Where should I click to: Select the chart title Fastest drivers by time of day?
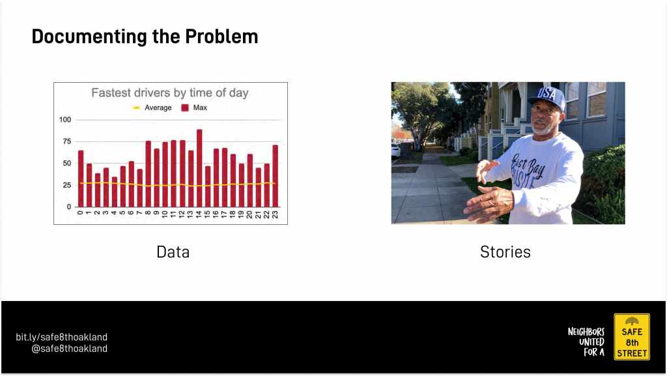point(170,93)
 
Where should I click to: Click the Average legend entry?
point(152,108)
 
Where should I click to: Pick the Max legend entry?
point(194,108)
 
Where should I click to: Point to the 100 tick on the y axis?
point(65,119)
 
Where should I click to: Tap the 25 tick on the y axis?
point(67,185)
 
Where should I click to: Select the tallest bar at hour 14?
point(199,168)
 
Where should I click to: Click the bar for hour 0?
point(81,179)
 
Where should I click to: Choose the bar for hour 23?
point(276,176)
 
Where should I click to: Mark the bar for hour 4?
point(115,192)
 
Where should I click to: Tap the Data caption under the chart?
point(173,252)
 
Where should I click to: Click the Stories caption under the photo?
point(505,252)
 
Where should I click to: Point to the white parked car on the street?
point(395,150)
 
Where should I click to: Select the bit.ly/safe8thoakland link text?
point(62,338)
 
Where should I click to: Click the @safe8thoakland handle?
point(69,349)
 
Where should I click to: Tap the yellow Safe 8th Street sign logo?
point(632,337)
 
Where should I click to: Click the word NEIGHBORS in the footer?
point(586,332)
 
